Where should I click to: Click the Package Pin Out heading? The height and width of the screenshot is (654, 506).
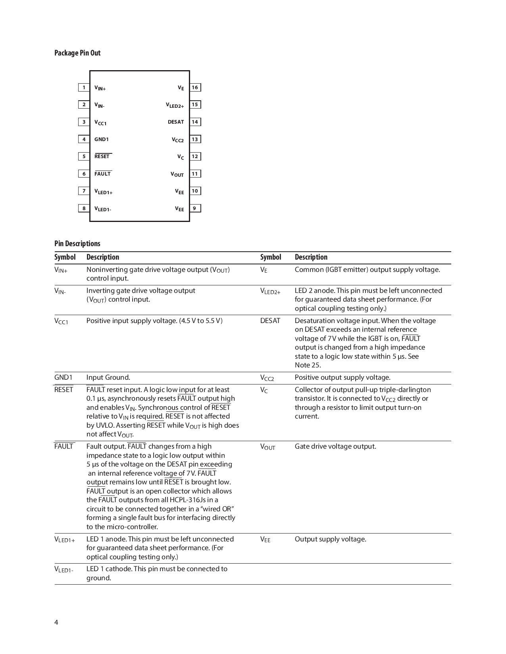point(77,53)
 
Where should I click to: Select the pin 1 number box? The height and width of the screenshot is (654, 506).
point(84,88)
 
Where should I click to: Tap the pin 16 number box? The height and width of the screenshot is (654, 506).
point(195,88)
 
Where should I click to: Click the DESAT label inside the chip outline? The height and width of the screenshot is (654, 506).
point(176,122)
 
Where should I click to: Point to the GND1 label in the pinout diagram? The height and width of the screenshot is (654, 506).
point(102,140)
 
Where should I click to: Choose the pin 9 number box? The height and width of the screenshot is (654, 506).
point(195,208)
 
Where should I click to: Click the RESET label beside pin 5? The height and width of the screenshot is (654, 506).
point(102,157)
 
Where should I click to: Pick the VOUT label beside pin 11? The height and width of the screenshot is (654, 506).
point(177,174)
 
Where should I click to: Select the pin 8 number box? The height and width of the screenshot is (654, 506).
point(84,208)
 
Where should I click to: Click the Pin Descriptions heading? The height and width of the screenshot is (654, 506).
point(77,244)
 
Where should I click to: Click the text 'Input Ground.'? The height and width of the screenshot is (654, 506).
point(108,377)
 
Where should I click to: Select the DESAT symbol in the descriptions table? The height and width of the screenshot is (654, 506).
point(270,321)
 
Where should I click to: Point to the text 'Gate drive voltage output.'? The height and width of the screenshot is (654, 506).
point(335,446)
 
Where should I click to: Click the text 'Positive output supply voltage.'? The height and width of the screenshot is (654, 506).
point(342,377)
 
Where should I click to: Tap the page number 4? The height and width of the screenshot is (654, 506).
point(56,622)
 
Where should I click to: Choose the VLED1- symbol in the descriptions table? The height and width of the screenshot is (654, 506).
point(64,570)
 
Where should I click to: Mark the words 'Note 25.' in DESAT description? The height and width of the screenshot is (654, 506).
point(308,365)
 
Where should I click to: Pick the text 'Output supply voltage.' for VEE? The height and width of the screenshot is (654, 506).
point(331,539)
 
